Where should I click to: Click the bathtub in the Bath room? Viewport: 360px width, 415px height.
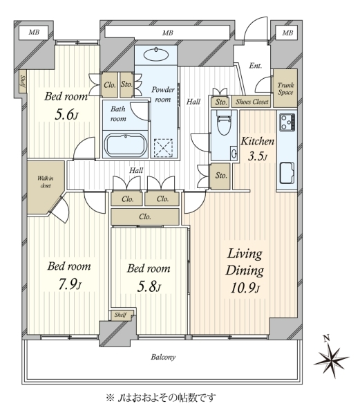(x=126, y=145)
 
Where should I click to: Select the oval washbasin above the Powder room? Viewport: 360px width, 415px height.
(x=156, y=55)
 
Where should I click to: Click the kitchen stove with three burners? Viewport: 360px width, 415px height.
(x=287, y=122)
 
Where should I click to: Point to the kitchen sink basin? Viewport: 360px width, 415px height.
(x=287, y=173)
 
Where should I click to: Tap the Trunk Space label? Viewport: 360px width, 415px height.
(x=285, y=89)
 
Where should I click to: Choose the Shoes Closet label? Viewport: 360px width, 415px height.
(x=252, y=102)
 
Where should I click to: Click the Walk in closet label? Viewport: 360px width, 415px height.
(x=46, y=182)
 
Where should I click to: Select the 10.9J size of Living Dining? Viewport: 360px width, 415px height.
(x=245, y=288)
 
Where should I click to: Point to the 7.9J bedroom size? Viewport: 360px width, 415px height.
(x=70, y=284)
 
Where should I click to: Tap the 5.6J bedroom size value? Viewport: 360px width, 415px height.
(x=66, y=115)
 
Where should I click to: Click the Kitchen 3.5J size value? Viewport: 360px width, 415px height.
(x=258, y=156)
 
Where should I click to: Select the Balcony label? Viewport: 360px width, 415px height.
(x=163, y=357)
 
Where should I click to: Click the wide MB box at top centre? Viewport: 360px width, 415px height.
(x=167, y=33)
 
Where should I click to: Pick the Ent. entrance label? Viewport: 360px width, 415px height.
(x=256, y=66)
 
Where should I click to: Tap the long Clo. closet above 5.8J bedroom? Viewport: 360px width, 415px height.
(x=145, y=216)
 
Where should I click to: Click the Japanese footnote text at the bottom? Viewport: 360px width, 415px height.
(x=160, y=397)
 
